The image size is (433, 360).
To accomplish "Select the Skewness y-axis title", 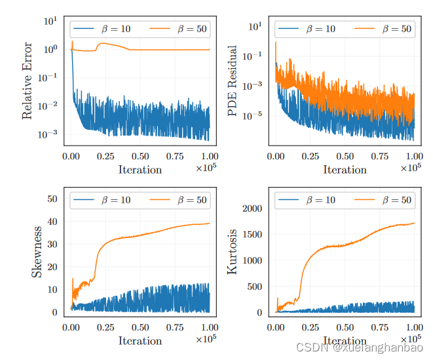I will (x=37, y=252).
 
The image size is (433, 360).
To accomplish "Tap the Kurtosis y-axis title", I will (x=233, y=252).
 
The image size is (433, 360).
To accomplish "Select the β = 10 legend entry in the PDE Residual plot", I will (x=307, y=29).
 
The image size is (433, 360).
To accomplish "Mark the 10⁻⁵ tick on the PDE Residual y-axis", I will (x=254, y=115).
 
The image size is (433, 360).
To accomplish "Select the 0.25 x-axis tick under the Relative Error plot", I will (x=105, y=157).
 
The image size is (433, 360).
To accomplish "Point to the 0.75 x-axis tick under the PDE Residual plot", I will (x=380, y=157).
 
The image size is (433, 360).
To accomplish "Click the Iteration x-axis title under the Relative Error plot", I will (x=140, y=170).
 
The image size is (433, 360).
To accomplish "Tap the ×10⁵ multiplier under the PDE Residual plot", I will (x=411, y=168).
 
